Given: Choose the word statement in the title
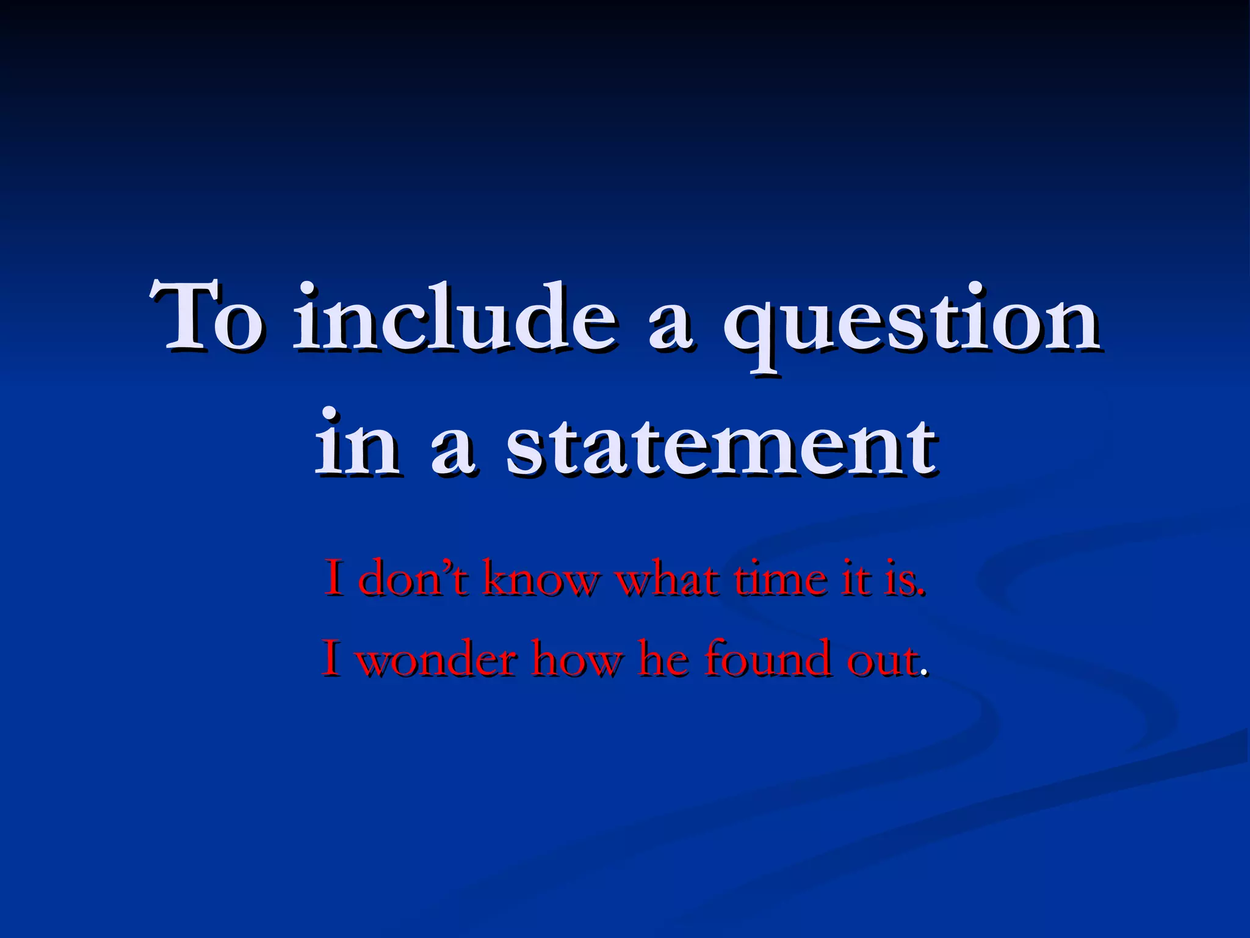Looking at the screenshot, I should click(721, 442).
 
